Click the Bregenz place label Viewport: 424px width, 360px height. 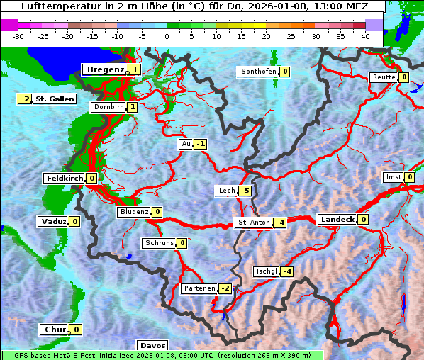pos(105,69)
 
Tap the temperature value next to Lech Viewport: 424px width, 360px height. pos(245,191)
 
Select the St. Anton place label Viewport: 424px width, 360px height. pos(253,223)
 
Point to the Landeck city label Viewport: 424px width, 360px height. pos(336,220)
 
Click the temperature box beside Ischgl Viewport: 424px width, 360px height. pos(287,271)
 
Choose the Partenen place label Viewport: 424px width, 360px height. pos(199,288)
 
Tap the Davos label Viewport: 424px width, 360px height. pos(152,346)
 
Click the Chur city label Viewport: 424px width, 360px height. pos(54,330)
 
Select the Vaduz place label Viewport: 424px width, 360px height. pos(53,222)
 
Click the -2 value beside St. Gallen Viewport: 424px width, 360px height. pos(26,99)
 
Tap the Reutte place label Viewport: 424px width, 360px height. pos(384,77)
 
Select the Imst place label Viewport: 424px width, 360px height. pos(392,177)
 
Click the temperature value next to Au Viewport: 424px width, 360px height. pos(201,144)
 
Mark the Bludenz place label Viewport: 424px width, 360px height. pos(134,212)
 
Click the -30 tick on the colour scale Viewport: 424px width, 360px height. pos(18,35)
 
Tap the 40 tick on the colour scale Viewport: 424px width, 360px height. pos(365,35)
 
